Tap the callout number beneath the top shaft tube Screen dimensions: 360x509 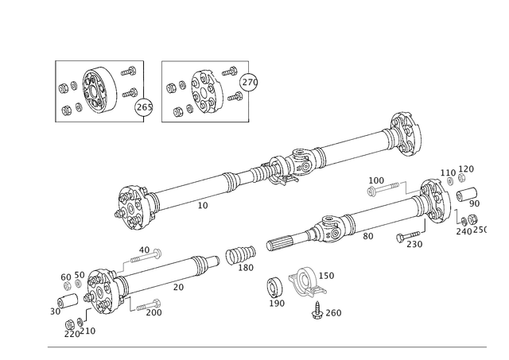(x=201, y=206)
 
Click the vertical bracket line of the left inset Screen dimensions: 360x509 (x=56, y=89)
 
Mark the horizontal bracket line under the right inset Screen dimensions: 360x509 (x=207, y=121)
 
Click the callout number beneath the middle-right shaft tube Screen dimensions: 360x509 (x=367, y=235)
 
